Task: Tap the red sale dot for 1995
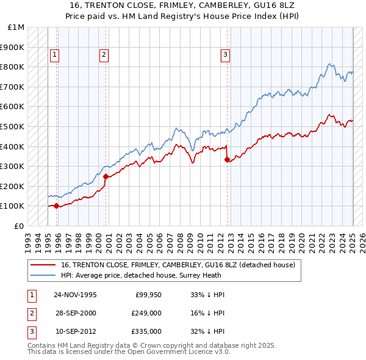point(57,206)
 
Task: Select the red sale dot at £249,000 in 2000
point(106,176)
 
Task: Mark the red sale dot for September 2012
point(227,159)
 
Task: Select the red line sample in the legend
point(43,265)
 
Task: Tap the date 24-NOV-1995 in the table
point(75,295)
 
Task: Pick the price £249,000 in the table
point(146,313)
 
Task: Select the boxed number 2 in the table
point(30,313)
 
